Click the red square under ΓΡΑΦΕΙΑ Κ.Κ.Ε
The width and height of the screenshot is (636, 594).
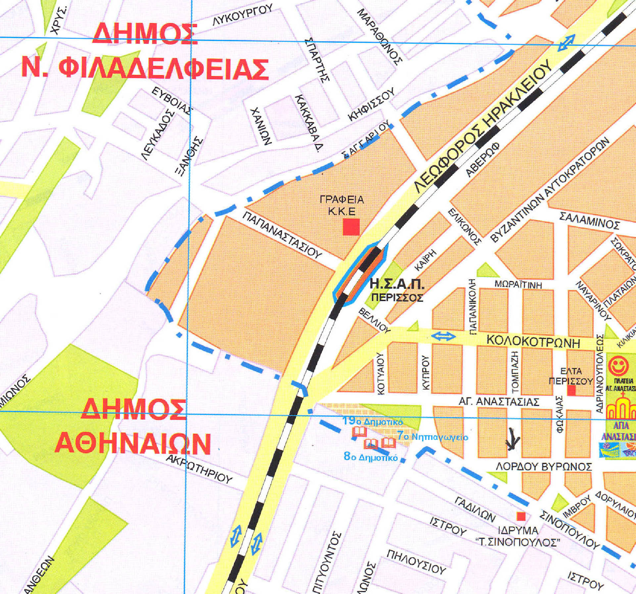351,227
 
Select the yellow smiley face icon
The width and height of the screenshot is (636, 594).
618,365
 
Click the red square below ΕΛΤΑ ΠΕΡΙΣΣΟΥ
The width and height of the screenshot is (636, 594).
571,391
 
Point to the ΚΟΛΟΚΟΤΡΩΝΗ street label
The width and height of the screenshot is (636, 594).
533,342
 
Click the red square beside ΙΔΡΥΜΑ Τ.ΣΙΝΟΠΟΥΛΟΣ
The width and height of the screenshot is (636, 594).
521,516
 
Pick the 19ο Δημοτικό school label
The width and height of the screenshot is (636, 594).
373,421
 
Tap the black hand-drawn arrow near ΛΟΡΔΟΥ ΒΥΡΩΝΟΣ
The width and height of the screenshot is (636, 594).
513,439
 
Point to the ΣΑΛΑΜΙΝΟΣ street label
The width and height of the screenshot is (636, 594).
589,221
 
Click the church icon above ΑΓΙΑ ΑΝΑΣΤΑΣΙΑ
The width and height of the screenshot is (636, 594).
621,406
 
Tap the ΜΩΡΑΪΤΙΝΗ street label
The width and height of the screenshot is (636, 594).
518,284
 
